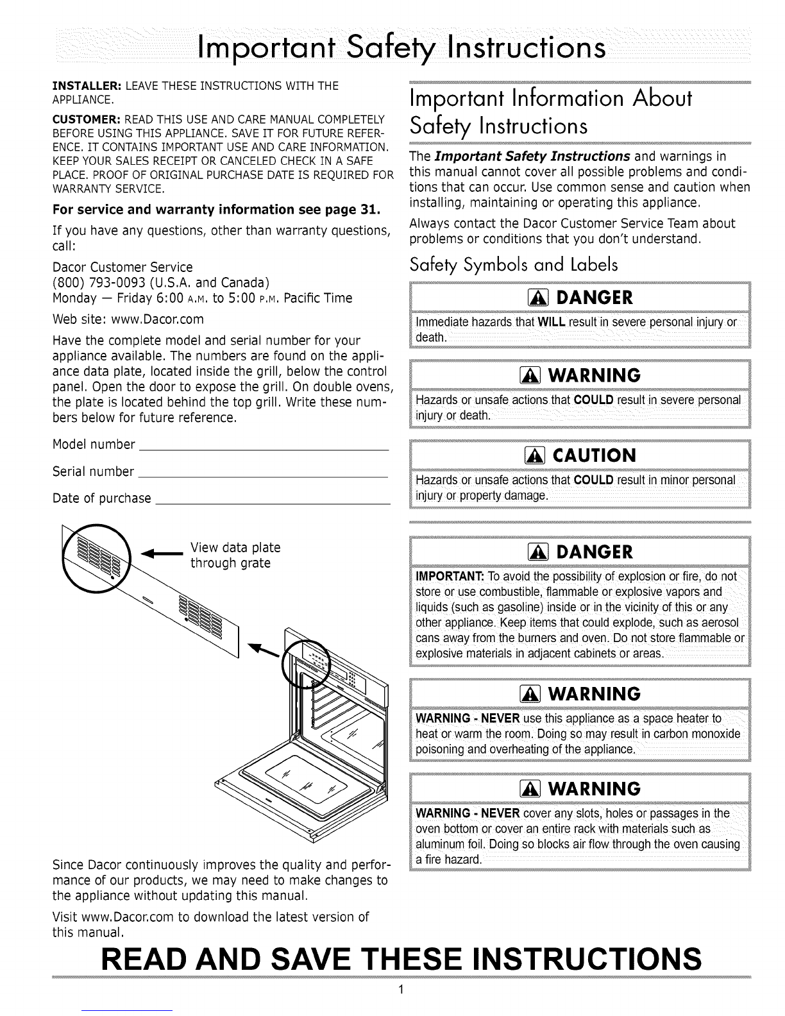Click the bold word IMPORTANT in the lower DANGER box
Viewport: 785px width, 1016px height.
446,573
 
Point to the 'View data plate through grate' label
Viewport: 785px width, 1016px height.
235,555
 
